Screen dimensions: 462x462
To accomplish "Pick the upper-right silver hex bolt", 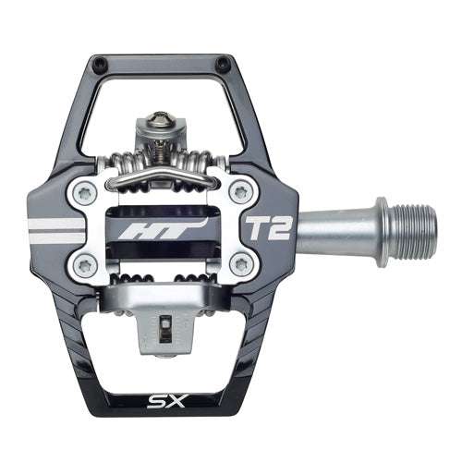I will pos(242,192).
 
